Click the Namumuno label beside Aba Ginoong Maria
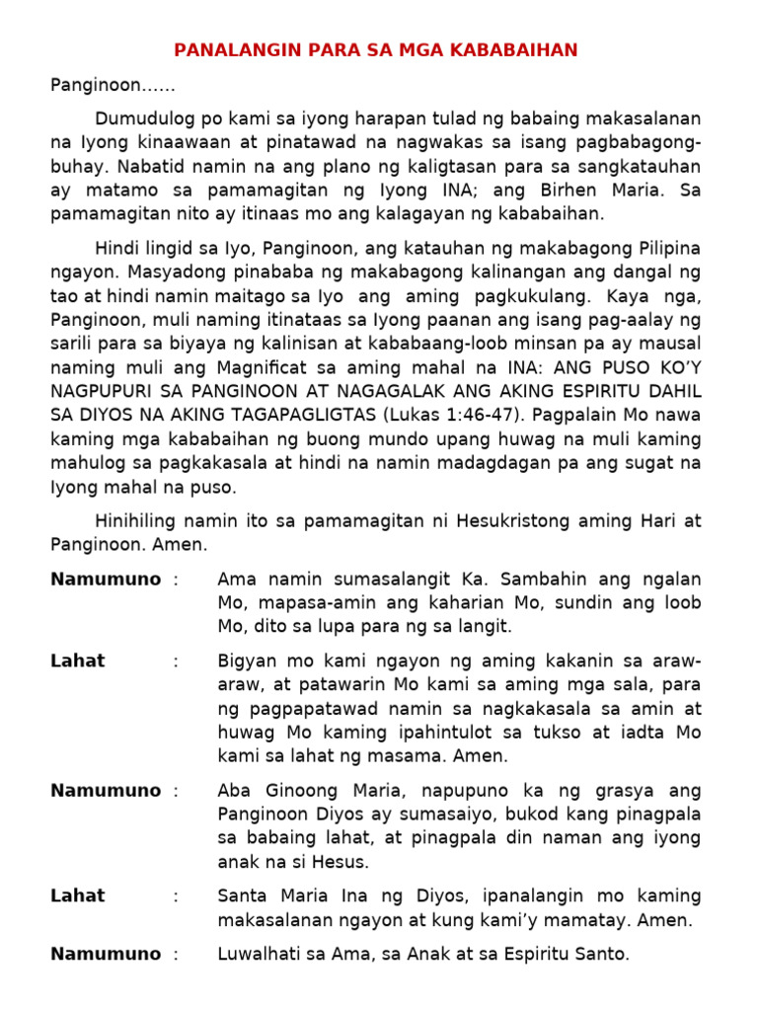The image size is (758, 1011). [106, 791]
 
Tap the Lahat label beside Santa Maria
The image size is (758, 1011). [78, 896]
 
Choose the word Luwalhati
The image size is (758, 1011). [260, 955]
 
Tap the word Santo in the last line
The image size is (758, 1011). [601, 955]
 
